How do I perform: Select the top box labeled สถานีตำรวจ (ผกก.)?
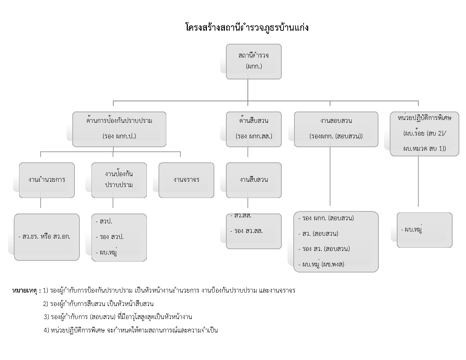pos(254,61)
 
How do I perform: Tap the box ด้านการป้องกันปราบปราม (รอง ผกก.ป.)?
pos(119,129)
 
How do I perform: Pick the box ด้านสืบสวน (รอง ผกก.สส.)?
pos(254,129)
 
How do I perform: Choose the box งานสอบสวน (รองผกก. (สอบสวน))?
pos(336,129)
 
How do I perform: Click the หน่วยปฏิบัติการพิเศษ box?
pos(424,134)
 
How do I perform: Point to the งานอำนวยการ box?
pos(47,180)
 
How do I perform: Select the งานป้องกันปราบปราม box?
pos(119,180)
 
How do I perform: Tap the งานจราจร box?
pos(186,180)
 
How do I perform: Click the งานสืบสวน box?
pos(254,180)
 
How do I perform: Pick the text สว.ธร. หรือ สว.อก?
pos(44,236)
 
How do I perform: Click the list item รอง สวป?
pos(109,237)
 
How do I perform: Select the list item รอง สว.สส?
pos(246,231)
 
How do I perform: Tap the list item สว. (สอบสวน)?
pos(318,234)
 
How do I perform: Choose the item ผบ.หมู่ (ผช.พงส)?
pos(321,264)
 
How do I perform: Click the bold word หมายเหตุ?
pos(25,291)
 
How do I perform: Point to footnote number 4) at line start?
pos(47,330)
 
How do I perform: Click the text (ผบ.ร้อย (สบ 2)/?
pos(425,133)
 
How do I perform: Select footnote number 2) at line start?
pos(46,304)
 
